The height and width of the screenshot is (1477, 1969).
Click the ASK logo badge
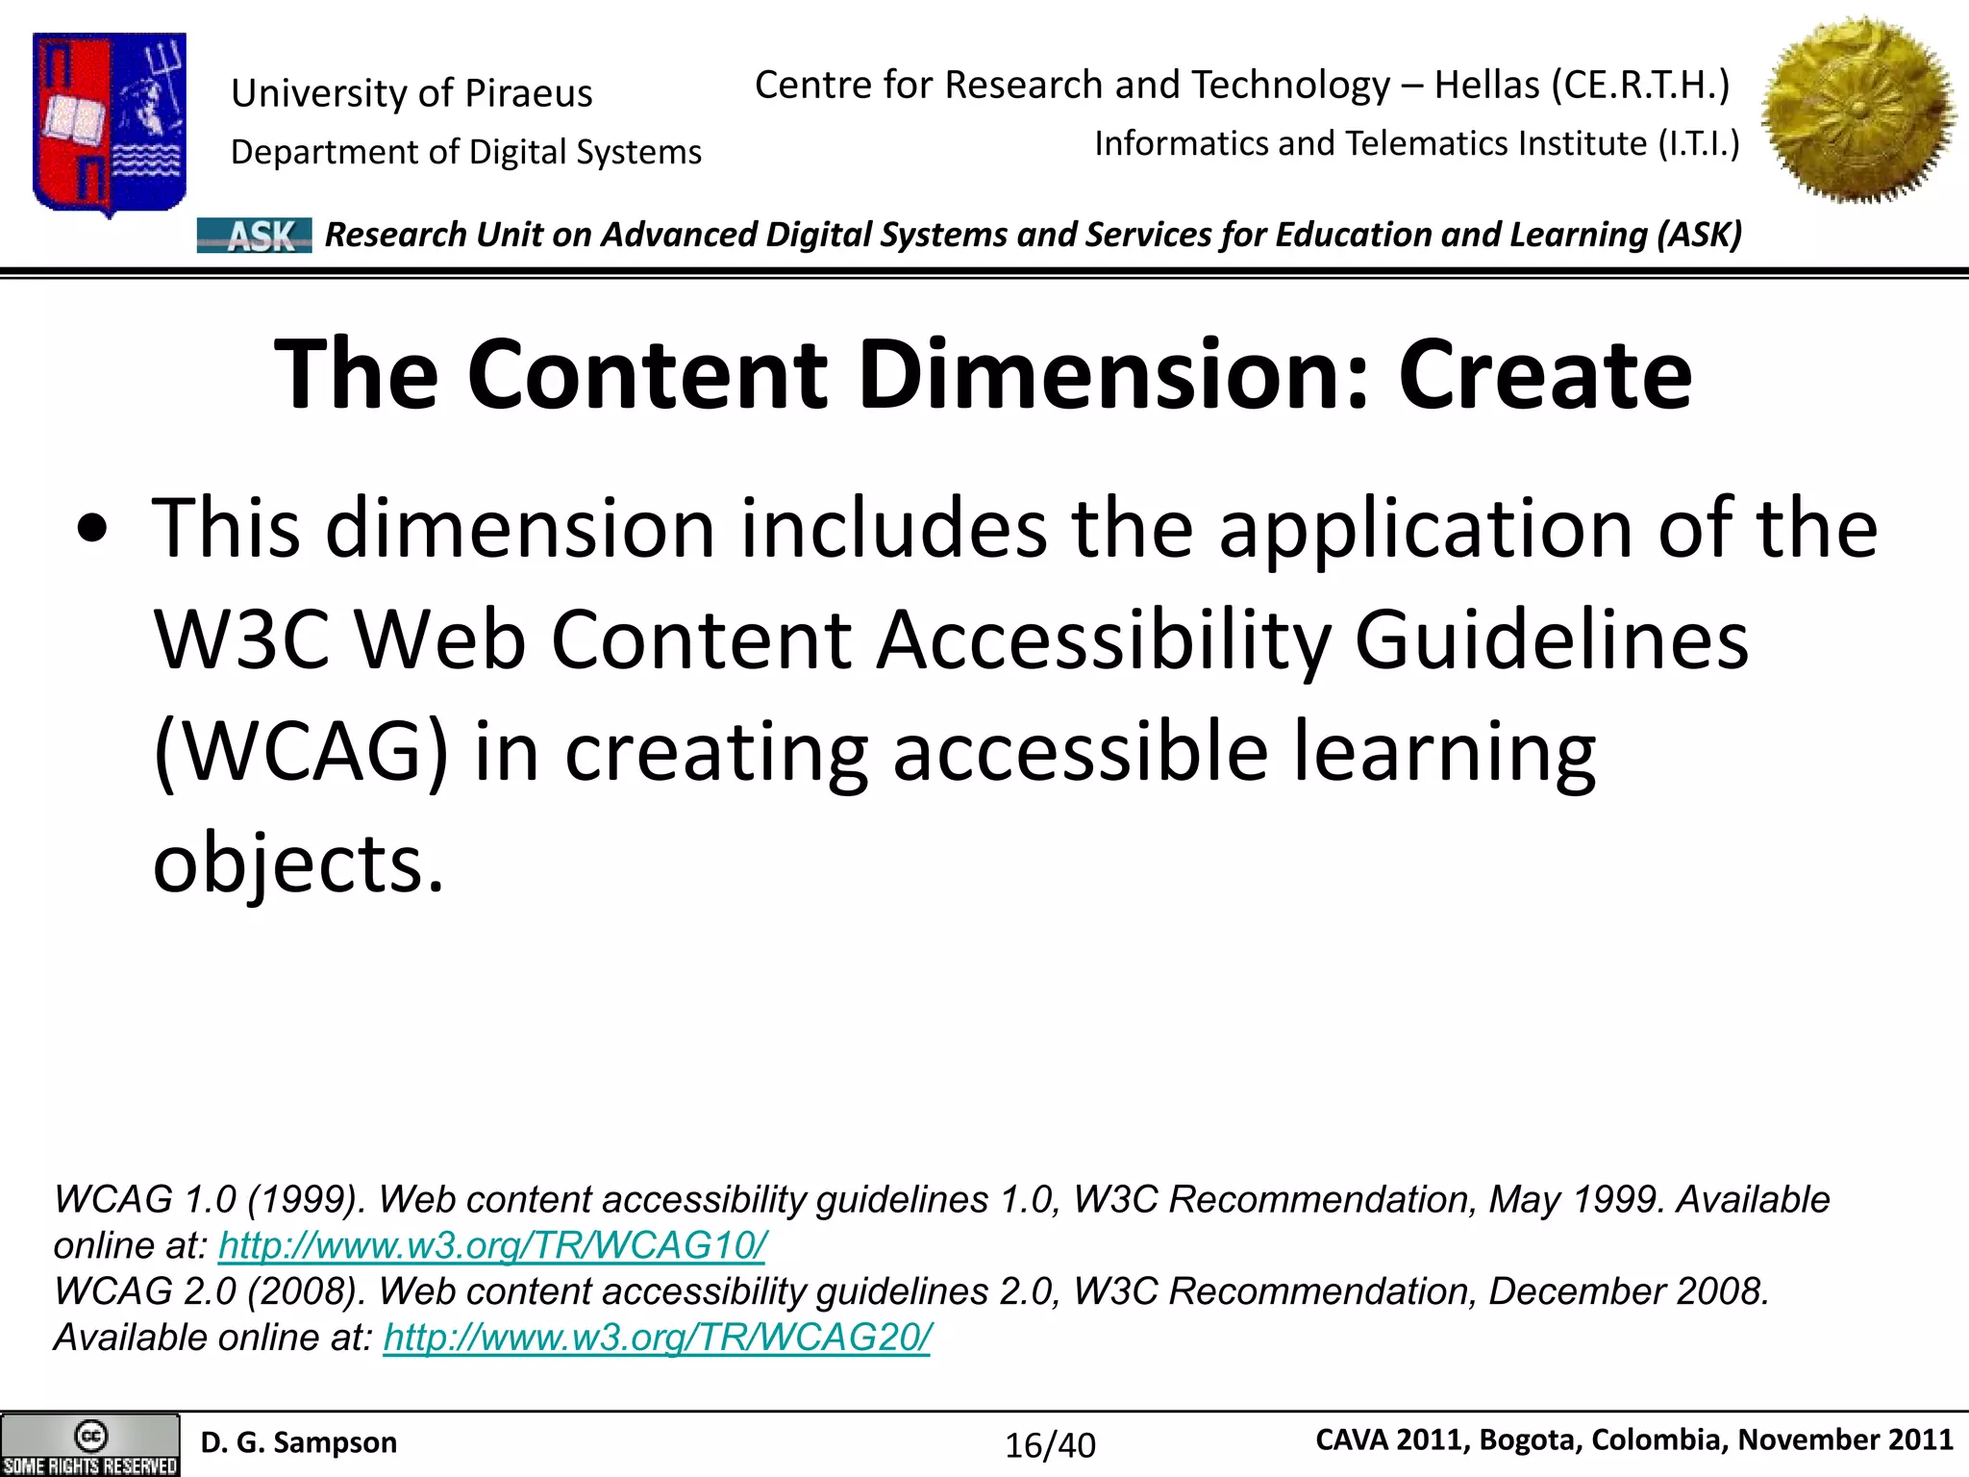point(255,236)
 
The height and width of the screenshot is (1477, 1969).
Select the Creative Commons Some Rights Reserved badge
point(90,1444)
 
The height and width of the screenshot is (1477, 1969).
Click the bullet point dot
point(92,531)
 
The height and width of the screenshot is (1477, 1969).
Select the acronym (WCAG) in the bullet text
point(300,752)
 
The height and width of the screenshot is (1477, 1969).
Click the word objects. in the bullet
point(298,863)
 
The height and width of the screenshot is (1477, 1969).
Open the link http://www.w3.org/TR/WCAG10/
point(492,1245)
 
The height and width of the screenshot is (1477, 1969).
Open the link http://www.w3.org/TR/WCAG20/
point(657,1338)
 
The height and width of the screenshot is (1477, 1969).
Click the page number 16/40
point(1050,1445)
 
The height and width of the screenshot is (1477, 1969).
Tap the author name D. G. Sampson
point(298,1442)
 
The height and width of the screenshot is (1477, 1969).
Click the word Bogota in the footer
point(1530,1439)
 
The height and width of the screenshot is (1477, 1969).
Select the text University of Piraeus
point(411,93)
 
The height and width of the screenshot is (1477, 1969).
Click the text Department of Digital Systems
point(466,152)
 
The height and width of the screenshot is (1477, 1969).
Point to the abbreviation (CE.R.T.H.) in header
point(1640,85)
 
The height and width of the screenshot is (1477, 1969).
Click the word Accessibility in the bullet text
point(1105,640)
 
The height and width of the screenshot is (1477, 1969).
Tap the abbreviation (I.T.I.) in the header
point(1698,143)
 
